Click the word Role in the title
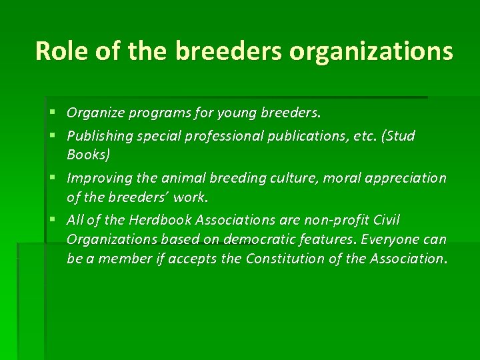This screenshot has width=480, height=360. [59, 51]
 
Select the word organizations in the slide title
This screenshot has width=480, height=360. [371, 52]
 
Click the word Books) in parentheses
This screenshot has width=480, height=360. [89, 155]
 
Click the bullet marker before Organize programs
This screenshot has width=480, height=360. [53, 113]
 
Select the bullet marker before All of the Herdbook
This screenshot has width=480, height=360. [53, 220]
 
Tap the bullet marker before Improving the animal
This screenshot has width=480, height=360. [53, 178]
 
